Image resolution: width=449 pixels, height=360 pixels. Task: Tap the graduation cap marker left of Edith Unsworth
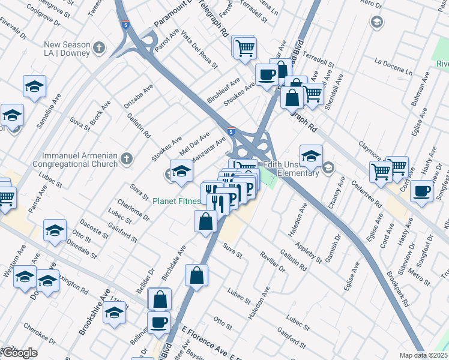coord(311,157)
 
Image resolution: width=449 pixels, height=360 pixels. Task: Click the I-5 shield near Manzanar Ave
coord(231,130)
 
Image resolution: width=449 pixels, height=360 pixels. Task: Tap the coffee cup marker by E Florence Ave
coord(158,323)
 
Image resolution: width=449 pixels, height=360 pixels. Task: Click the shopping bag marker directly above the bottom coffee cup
coord(160,299)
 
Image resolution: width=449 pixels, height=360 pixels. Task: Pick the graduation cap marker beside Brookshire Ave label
coord(114,312)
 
